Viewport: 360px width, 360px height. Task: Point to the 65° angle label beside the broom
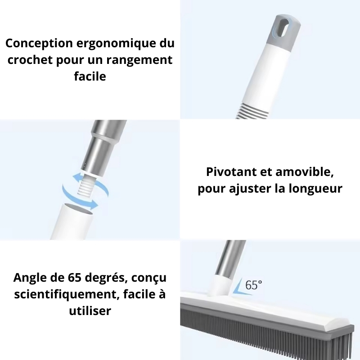(254, 284)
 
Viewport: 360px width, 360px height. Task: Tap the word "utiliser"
(90, 310)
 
